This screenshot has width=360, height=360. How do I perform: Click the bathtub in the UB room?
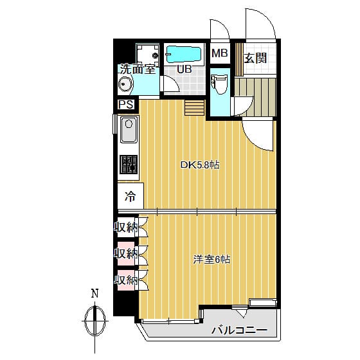[183, 55]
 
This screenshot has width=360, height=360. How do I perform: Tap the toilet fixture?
[220, 84]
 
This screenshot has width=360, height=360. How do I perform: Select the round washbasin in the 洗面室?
[125, 84]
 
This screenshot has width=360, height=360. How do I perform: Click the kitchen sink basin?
[129, 130]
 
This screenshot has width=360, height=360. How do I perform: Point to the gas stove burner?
[129, 165]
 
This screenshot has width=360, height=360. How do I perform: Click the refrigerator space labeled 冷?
[130, 196]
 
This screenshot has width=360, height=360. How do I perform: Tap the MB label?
[220, 53]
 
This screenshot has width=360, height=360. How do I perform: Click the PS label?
[126, 105]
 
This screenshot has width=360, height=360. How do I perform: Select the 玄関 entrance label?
[255, 58]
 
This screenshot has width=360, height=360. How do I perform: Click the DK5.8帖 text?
[200, 165]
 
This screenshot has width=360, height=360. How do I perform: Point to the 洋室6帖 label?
[212, 260]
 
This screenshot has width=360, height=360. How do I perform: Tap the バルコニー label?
[239, 330]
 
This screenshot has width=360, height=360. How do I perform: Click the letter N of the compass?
[95, 293]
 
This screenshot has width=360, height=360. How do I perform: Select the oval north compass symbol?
[95, 321]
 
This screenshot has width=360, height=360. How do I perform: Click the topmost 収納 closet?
[128, 227]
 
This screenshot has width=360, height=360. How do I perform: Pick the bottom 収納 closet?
[128, 280]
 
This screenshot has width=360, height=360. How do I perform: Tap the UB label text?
[184, 69]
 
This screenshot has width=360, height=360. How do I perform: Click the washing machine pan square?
[147, 55]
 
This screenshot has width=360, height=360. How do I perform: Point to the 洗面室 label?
[138, 69]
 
